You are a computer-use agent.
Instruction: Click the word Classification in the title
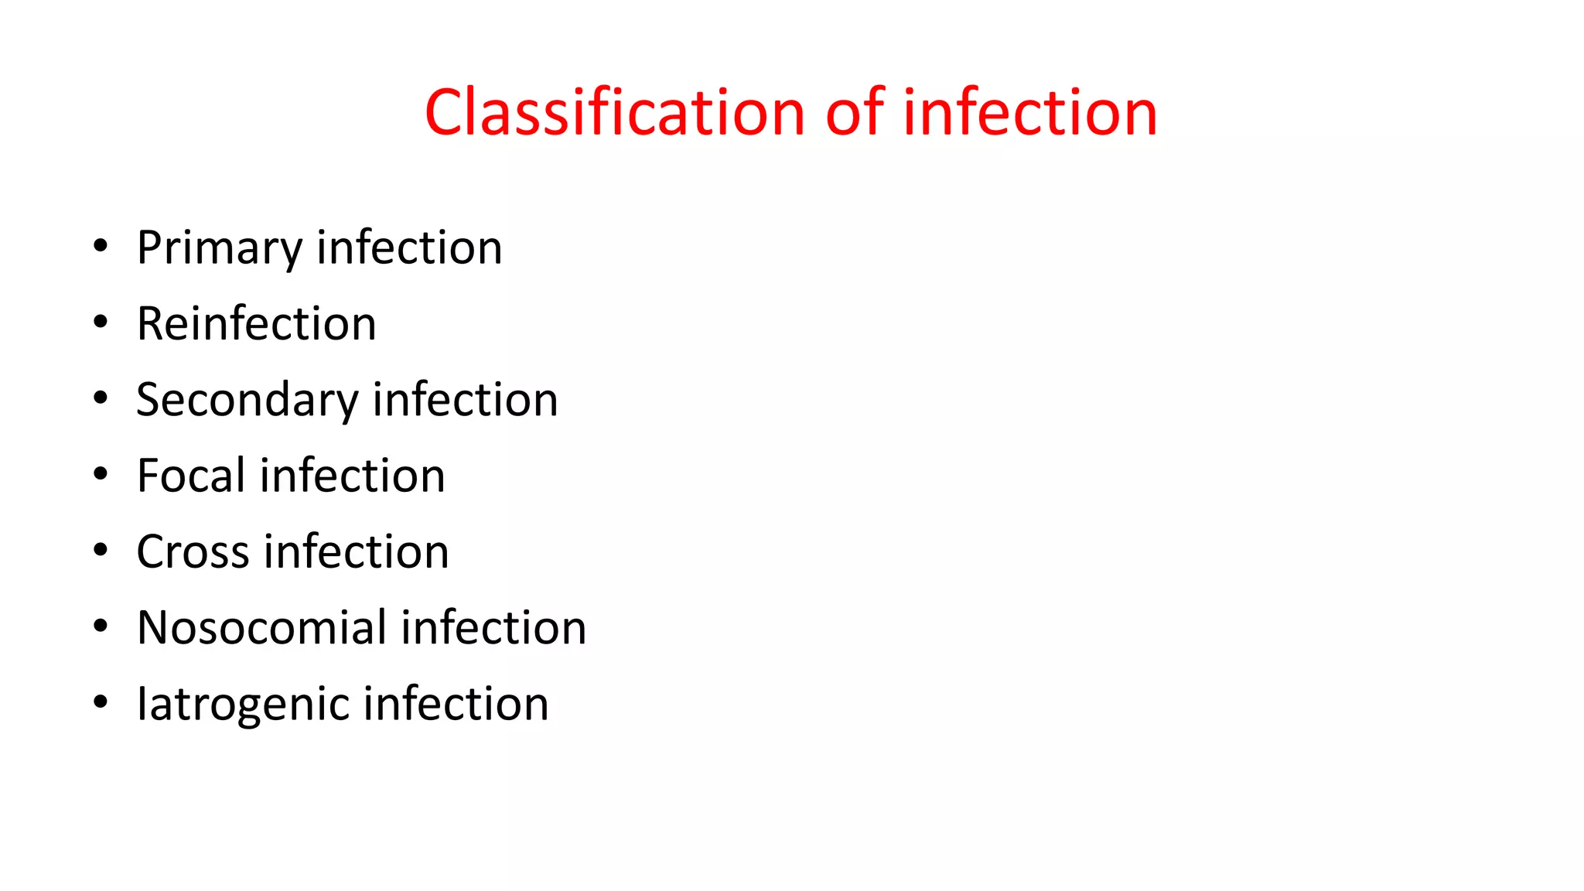[x=616, y=113]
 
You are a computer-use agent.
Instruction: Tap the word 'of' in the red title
[x=854, y=113]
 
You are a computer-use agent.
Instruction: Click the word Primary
[x=219, y=249]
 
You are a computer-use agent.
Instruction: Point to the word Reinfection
[x=256, y=323]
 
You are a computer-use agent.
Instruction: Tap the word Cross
[x=193, y=551]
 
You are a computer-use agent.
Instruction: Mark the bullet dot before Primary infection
[x=100, y=247]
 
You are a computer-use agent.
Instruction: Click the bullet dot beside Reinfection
[x=100, y=323]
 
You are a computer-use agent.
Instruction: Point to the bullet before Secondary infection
[x=100, y=398]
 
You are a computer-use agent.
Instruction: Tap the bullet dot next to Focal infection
[x=100, y=474]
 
